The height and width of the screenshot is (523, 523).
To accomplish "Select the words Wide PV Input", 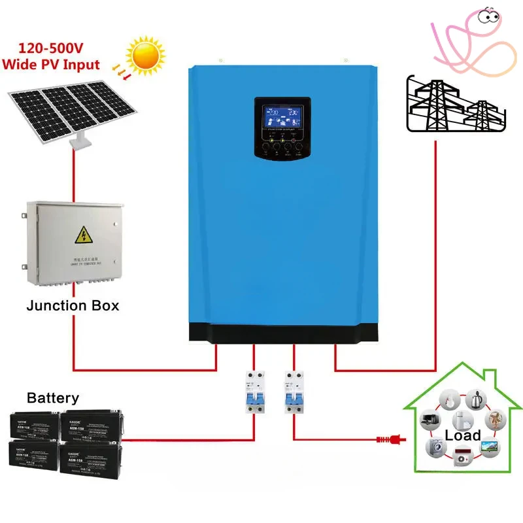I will [50, 65].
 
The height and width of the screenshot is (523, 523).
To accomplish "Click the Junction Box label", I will [73, 305].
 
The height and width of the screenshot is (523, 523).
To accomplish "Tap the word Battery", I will [53, 397].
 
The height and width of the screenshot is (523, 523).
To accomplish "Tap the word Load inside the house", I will [463, 435].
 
